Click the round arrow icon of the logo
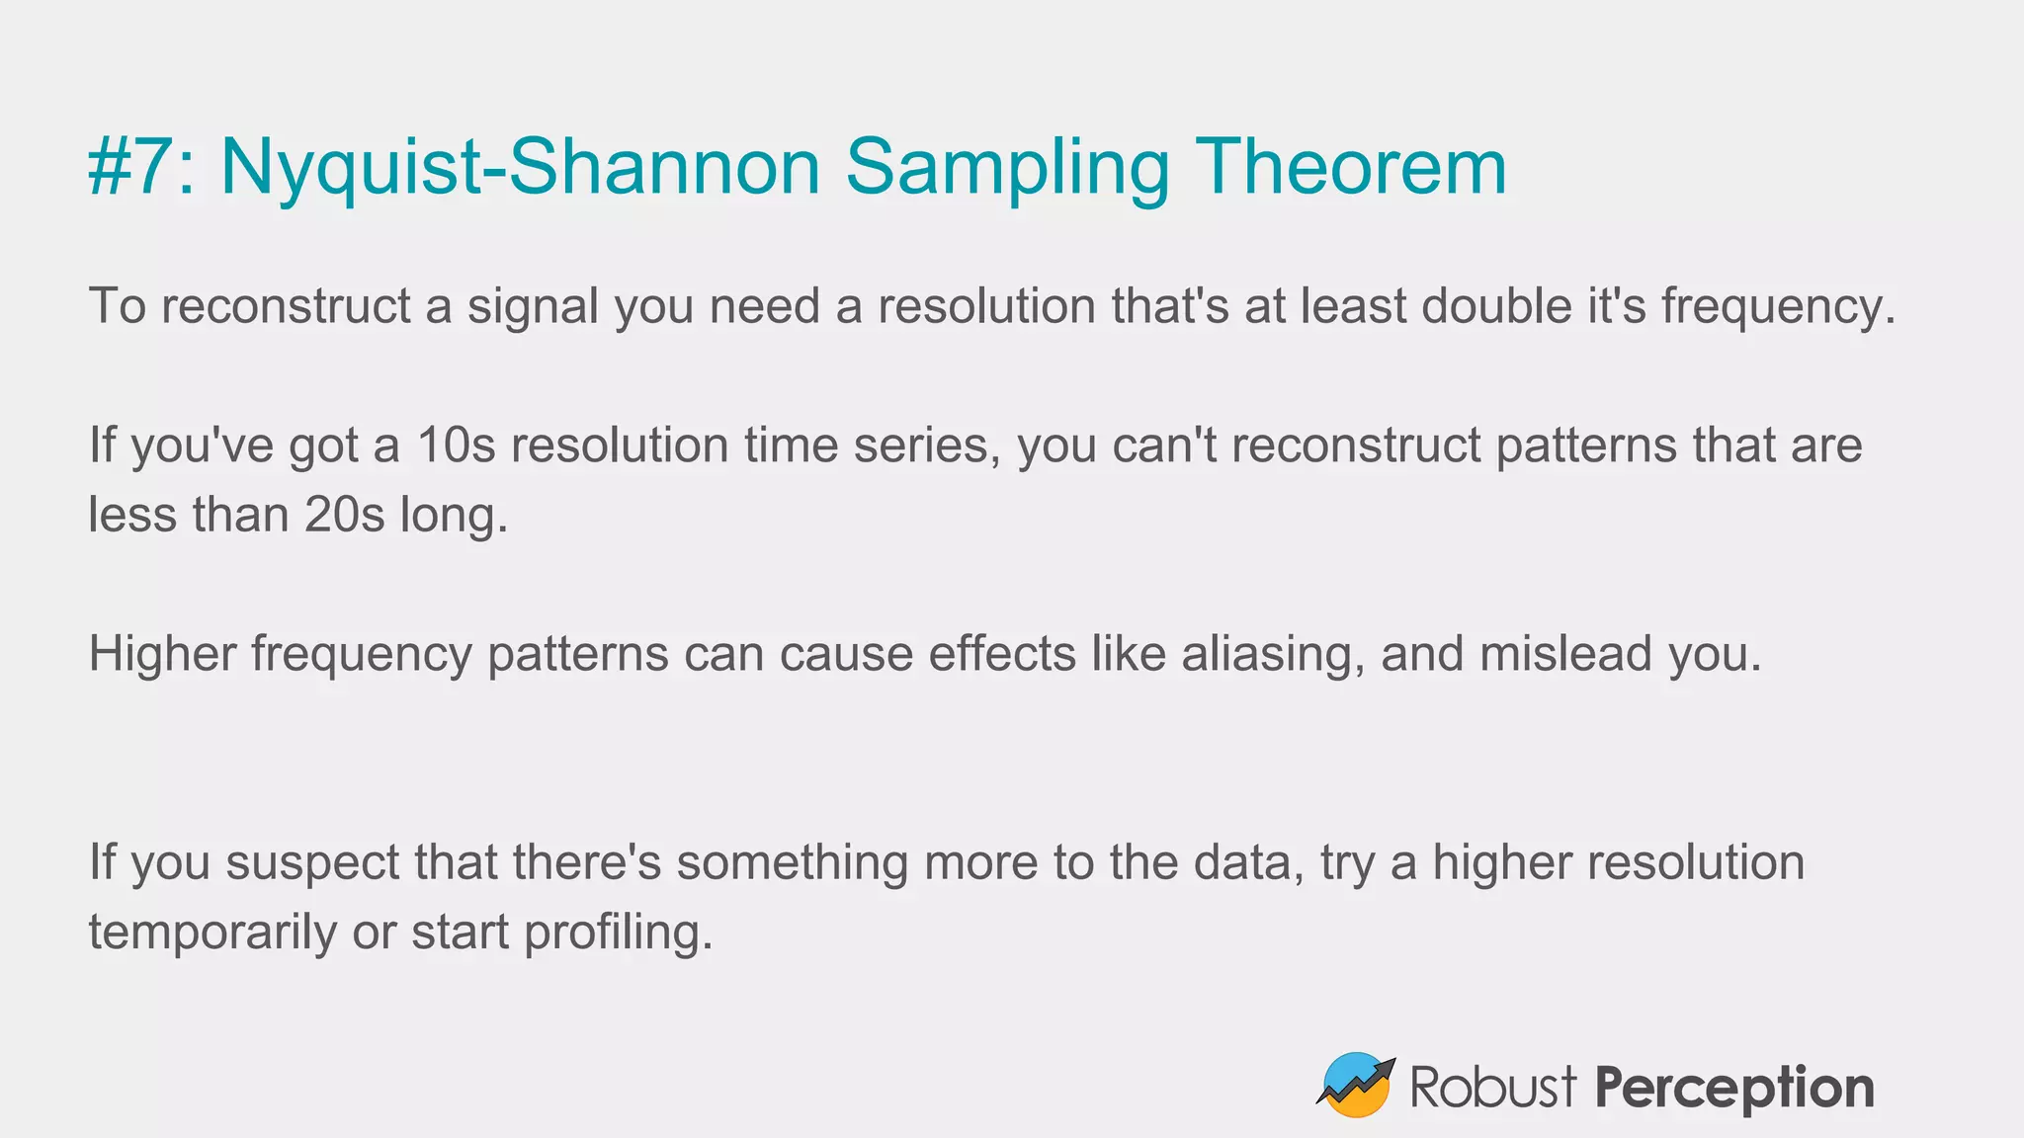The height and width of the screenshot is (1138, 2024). pos(1355,1086)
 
